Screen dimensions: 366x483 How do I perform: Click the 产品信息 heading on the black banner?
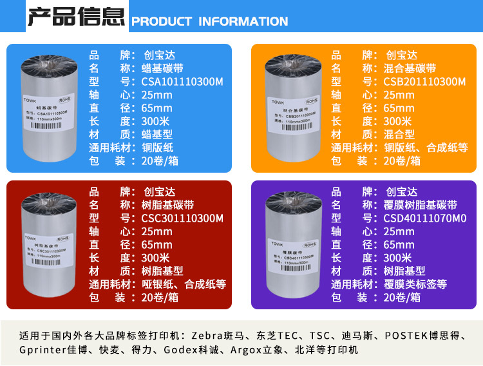[76, 15]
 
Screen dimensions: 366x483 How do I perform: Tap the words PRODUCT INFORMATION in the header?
[209, 22]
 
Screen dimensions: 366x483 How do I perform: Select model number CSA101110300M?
[182, 82]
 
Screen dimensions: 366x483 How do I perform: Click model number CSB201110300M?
[424, 82]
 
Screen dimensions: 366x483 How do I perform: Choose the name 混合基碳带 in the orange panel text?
[410, 68]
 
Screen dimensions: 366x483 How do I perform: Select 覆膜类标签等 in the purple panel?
[415, 284]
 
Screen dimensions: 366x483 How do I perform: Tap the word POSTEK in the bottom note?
[406, 336]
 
